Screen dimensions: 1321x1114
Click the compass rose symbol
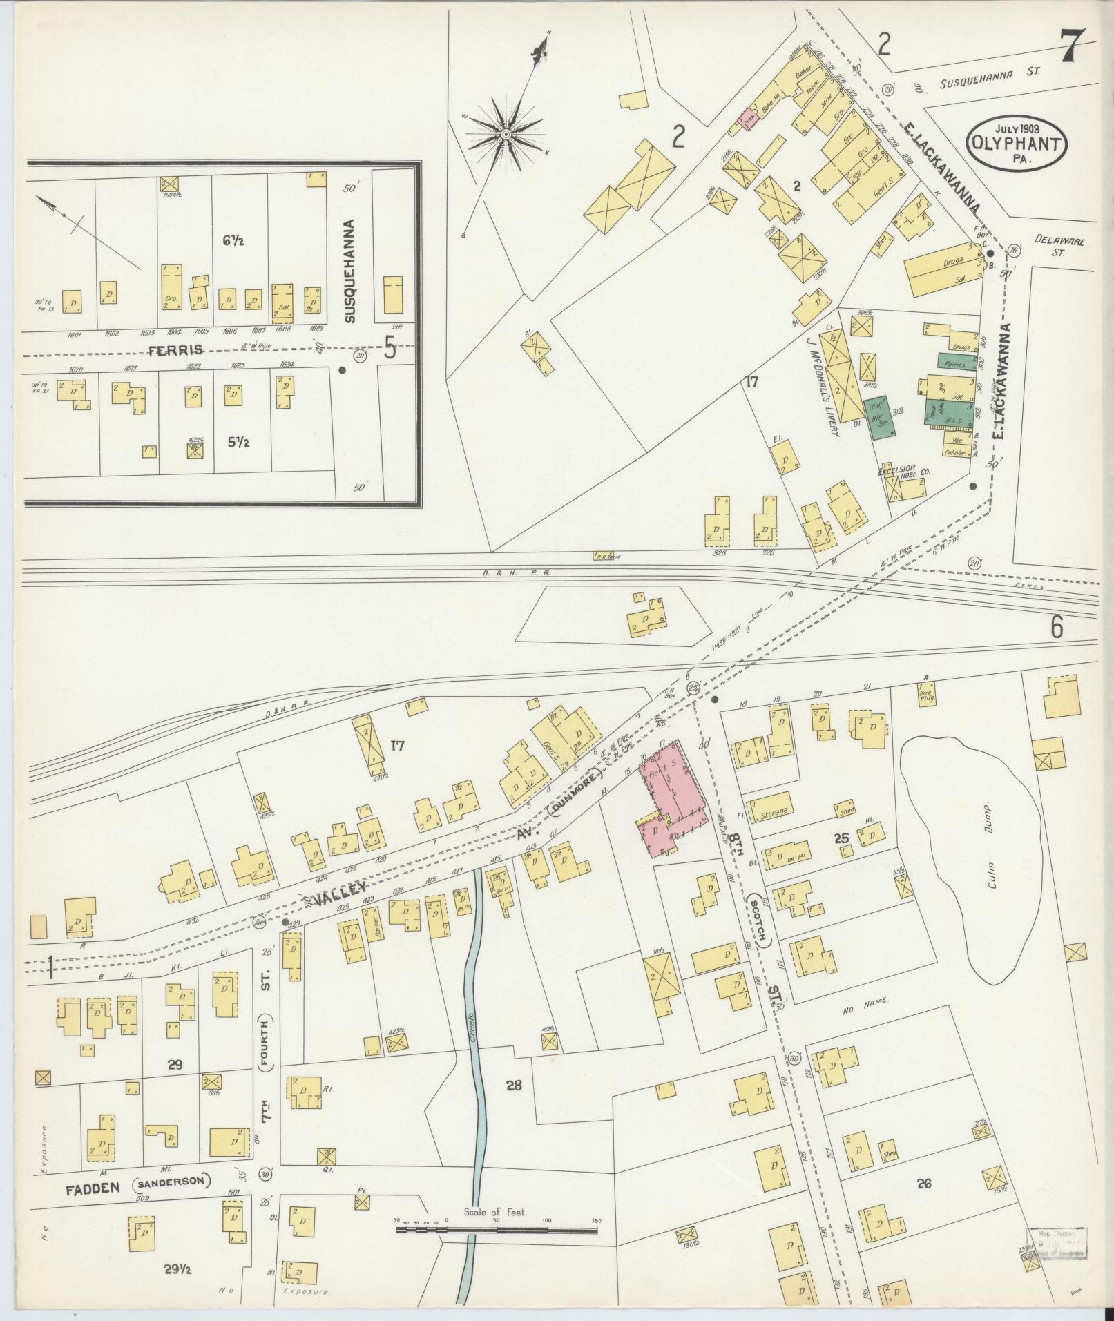(506, 133)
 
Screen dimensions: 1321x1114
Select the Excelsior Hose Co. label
(905, 472)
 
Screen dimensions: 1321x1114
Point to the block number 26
(924, 1184)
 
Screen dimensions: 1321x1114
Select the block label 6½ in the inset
(233, 241)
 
